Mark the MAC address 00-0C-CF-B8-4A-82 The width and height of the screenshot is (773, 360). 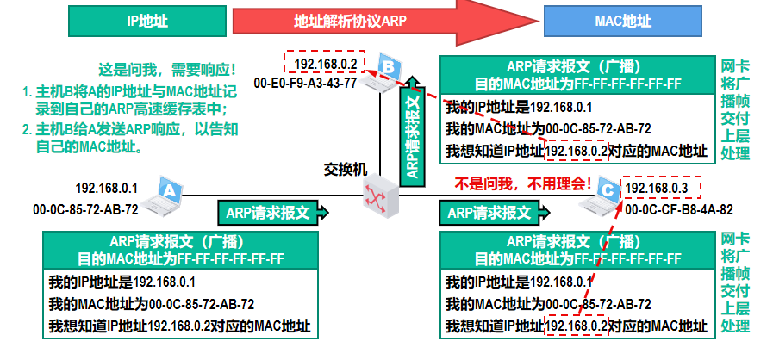(x=679, y=209)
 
